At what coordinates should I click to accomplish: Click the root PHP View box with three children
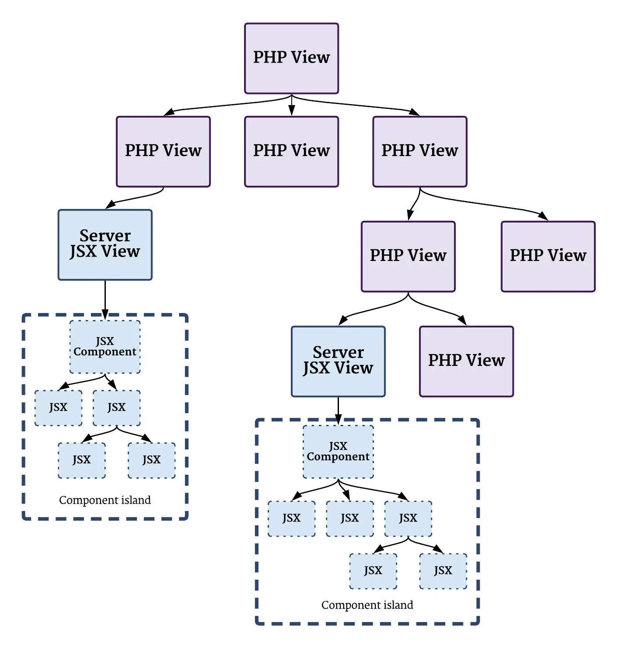click(291, 58)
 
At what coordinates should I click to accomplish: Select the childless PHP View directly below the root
click(291, 151)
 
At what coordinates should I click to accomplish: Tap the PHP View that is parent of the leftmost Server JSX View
click(163, 151)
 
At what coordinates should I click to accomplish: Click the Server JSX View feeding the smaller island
click(105, 244)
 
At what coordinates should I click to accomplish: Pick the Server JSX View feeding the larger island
click(338, 361)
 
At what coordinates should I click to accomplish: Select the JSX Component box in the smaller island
click(105, 347)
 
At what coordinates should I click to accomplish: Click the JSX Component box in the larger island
click(338, 452)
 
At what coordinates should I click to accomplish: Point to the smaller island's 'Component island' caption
click(105, 500)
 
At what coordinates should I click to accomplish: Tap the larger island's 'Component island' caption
click(367, 605)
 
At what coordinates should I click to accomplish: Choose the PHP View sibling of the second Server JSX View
click(466, 361)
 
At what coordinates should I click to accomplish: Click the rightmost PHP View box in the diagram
click(548, 256)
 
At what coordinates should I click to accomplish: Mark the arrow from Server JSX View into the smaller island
click(105, 299)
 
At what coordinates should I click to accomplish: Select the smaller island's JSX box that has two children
click(117, 408)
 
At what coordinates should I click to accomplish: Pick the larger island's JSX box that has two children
click(408, 518)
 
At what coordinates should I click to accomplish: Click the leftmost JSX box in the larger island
click(291, 518)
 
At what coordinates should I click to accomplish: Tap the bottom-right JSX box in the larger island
click(443, 571)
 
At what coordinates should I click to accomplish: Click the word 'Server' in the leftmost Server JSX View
click(105, 236)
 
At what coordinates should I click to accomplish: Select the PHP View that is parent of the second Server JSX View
click(408, 256)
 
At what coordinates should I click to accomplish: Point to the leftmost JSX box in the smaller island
click(58, 408)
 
